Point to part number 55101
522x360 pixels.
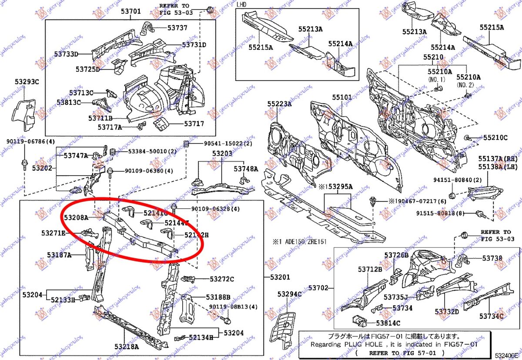click(x=342, y=98)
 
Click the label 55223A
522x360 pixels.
click(x=280, y=104)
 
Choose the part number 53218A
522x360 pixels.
click(x=127, y=347)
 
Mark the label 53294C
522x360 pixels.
click(x=290, y=294)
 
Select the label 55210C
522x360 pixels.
click(x=495, y=138)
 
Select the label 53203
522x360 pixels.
click(x=222, y=154)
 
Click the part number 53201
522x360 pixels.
click(x=278, y=277)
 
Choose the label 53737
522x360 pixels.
click(x=178, y=28)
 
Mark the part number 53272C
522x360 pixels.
click(x=222, y=279)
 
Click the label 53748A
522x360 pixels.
click(x=246, y=169)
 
